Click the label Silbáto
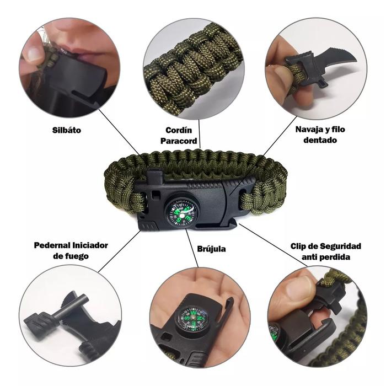point(67,130)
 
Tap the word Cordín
point(179,130)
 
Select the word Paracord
point(179,141)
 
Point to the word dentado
point(320,140)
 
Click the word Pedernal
point(52,245)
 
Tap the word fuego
point(77,256)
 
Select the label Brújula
point(211,249)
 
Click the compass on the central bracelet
point(182,213)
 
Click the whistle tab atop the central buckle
point(154,177)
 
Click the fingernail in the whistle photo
point(34,53)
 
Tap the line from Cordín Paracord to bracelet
point(200,133)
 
